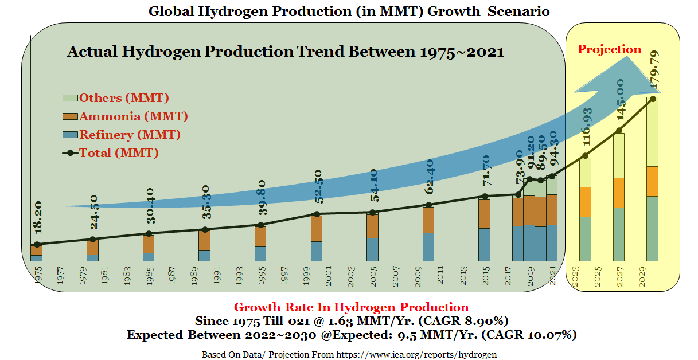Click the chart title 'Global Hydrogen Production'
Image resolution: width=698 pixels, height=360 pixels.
click(349, 11)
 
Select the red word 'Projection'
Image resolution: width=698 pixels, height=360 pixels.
click(609, 49)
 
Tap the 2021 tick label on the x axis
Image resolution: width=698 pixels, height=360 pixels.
click(552, 276)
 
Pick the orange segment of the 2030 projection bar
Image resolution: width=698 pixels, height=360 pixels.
click(653, 181)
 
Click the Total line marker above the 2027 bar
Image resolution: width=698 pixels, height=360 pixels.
click(619, 131)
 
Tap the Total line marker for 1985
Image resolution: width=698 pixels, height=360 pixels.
click(149, 234)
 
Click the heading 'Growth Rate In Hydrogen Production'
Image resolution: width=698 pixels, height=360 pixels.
click(351, 307)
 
